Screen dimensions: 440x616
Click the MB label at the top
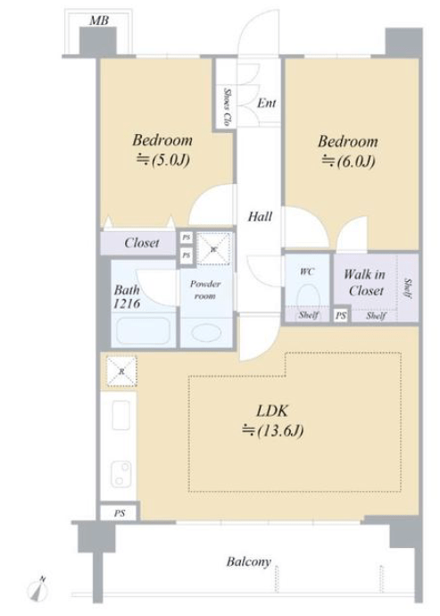point(99,21)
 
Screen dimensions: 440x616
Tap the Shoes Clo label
point(227,107)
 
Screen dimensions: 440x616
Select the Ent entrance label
point(267,104)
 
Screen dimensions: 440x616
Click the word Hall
point(260,216)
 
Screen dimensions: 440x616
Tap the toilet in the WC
point(309,297)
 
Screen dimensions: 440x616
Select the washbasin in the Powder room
point(207,332)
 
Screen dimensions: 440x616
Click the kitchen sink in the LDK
point(121,415)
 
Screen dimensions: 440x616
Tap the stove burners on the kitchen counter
point(121,473)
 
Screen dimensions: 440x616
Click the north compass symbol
point(38,588)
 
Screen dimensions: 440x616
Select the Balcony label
point(249,562)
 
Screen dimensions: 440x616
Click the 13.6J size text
point(273,430)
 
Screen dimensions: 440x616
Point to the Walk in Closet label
point(365,282)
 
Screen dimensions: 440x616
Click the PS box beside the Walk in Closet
point(342,315)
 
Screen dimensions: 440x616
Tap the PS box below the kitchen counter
point(120,513)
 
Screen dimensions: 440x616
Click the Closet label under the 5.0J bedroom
point(142,243)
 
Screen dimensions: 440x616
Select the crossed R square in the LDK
point(121,371)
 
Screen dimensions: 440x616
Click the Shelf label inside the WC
point(309,314)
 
